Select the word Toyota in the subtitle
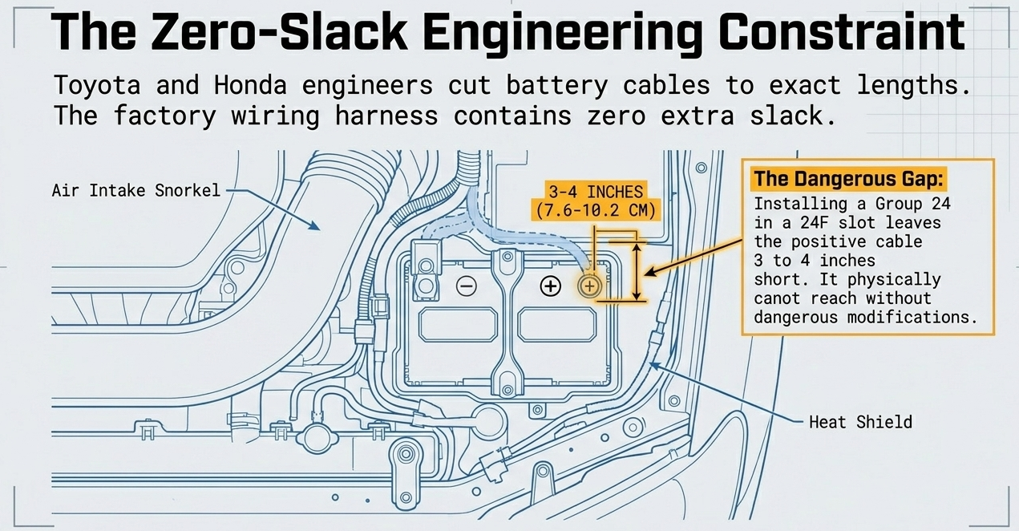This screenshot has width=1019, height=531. (x=97, y=86)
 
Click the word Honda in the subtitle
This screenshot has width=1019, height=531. (x=250, y=85)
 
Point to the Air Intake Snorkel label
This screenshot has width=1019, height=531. (x=136, y=190)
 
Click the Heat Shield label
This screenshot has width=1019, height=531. (x=861, y=422)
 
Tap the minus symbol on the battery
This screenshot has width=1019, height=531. (x=467, y=286)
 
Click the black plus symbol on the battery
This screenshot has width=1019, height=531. (x=551, y=286)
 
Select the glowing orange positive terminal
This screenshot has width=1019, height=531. (x=589, y=286)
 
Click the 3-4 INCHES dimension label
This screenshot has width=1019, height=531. (x=596, y=192)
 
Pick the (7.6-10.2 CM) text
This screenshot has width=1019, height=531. (x=596, y=211)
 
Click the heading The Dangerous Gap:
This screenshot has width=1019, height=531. (x=849, y=179)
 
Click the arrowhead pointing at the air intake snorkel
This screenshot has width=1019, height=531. (x=314, y=225)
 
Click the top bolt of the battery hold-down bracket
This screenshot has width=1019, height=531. (x=507, y=257)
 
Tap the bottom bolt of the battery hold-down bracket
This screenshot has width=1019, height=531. (x=507, y=390)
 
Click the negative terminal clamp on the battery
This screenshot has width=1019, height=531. (x=426, y=271)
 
